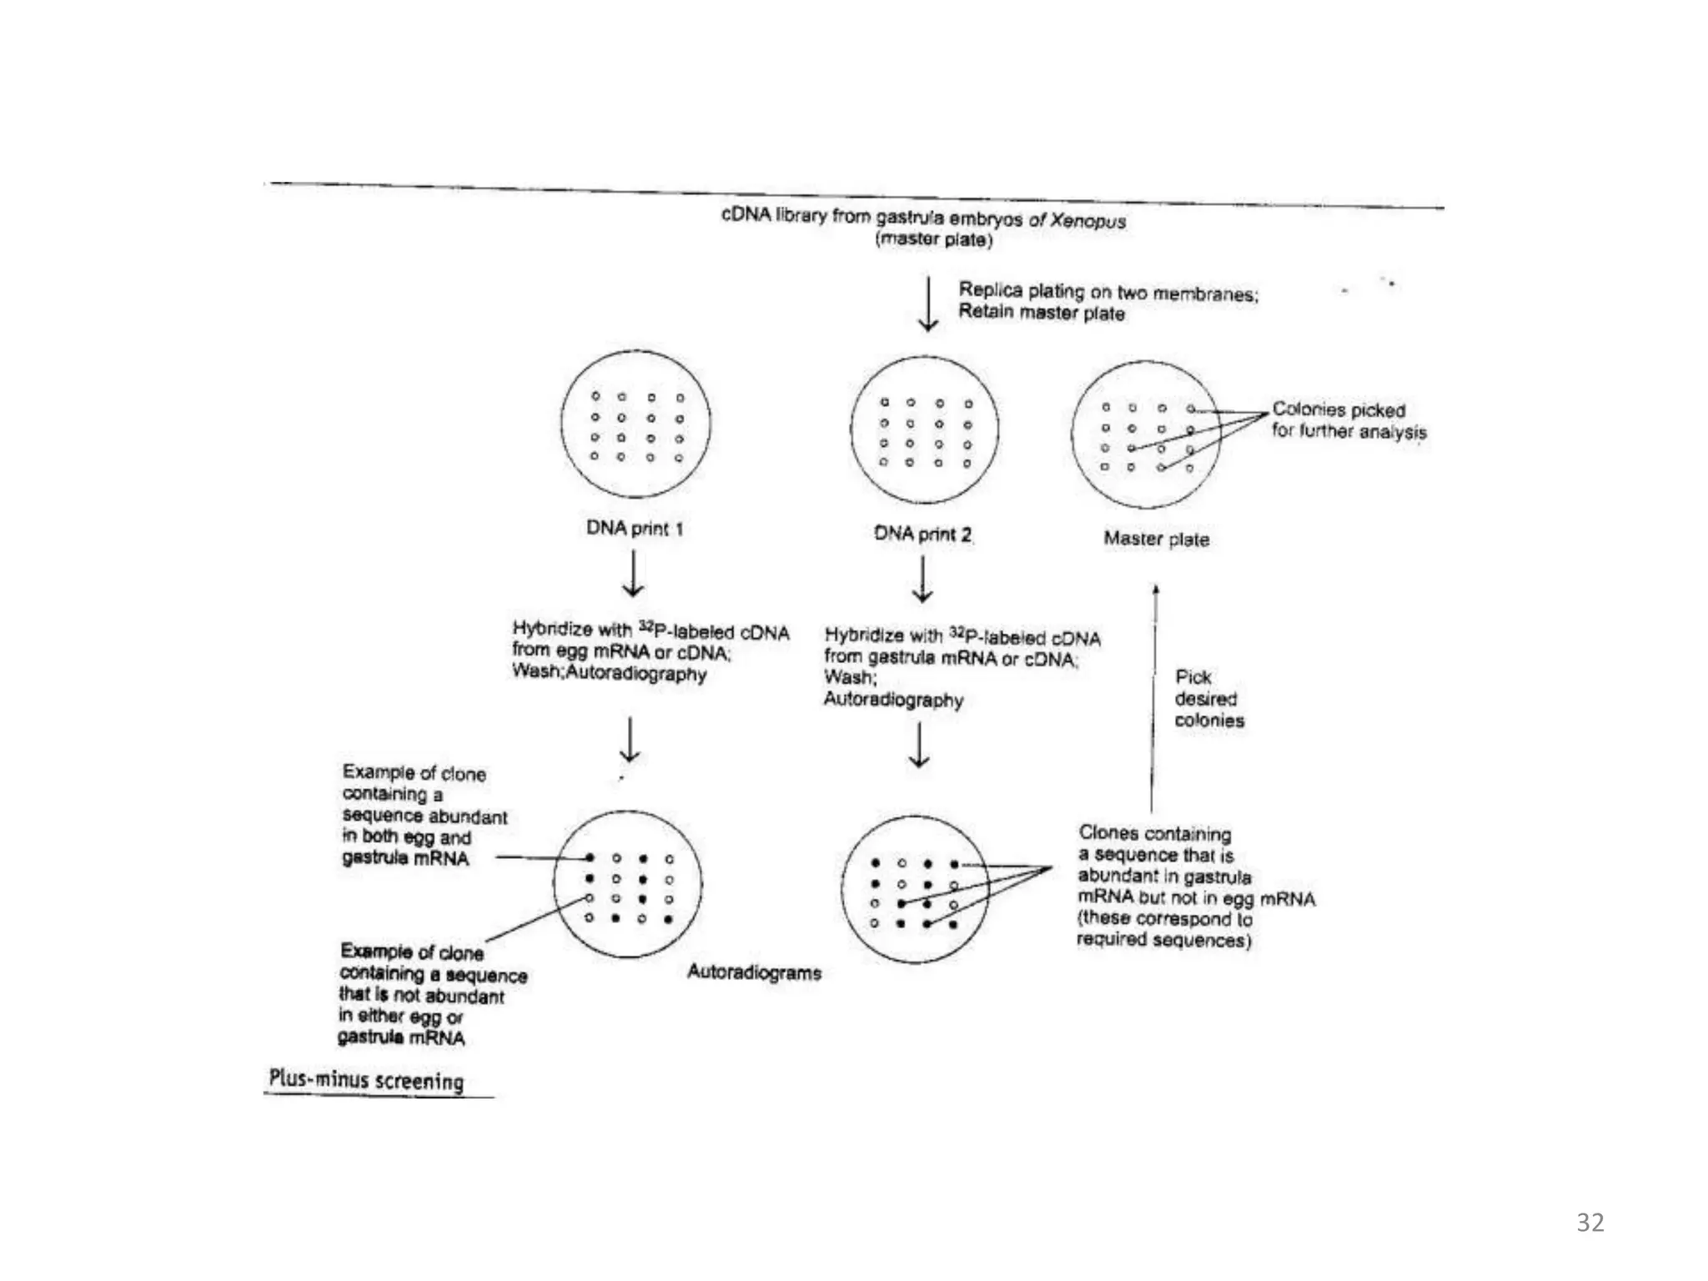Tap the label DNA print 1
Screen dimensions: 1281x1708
[635, 528]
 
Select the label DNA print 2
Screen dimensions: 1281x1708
[922, 534]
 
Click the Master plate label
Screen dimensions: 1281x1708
[1156, 539]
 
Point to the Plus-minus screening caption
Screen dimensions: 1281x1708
[366, 1080]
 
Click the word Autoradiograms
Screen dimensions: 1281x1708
[754, 972]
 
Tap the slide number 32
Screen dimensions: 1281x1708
[1590, 1223]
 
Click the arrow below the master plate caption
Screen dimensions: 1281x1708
[928, 304]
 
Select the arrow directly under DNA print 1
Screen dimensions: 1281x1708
[633, 575]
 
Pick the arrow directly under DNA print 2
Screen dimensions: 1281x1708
[922, 580]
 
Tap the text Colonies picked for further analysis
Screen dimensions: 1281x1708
[1349, 421]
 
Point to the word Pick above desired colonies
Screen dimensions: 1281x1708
[1193, 677]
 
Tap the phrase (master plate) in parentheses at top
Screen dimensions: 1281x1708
[934, 240]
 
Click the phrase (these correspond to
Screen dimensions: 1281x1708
[1164, 919]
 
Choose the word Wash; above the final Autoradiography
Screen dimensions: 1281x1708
[850, 678]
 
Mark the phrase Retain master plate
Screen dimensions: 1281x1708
[1041, 314]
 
